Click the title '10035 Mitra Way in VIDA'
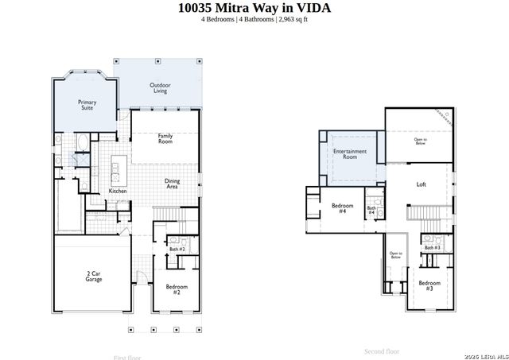pyautogui.click(x=254, y=8)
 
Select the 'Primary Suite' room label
pyautogui.click(x=87, y=105)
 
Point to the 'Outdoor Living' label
pyautogui.click(x=161, y=88)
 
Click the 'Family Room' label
pyautogui.click(x=165, y=137)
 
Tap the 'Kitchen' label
pyautogui.click(x=118, y=192)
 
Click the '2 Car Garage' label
pyautogui.click(x=93, y=276)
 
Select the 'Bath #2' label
pyautogui.click(x=177, y=249)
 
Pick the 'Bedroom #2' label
pyautogui.click(x=177, y=288)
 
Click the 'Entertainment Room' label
pyautogui.click(x=350, y=153)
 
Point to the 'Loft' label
pyautogui.click(x=422, y=184)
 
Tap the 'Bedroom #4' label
pyautogui.click(x=342, y=208)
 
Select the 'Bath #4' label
pyautogui.click(x=371, y=211)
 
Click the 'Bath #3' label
pyautogui.click(x=432, y=248)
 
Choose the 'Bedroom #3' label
pyautogui.click(x=429, y=285)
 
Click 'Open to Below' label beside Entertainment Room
pyautogui.click(x=419, y=141)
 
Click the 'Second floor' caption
pyautogui.click(x=382, y=350)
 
